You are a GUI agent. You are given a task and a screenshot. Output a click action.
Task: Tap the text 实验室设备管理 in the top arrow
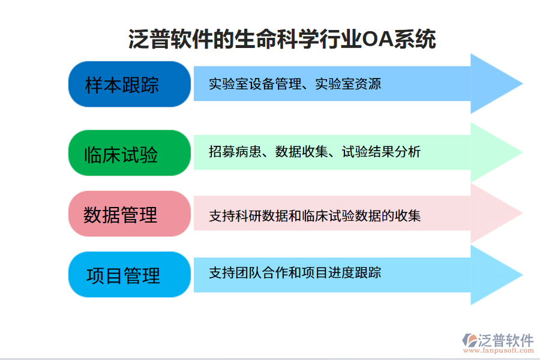(255, 84)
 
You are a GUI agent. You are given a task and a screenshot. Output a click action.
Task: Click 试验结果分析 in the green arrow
(381, 152)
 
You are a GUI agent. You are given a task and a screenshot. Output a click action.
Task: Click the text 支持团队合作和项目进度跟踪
(295, 273)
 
